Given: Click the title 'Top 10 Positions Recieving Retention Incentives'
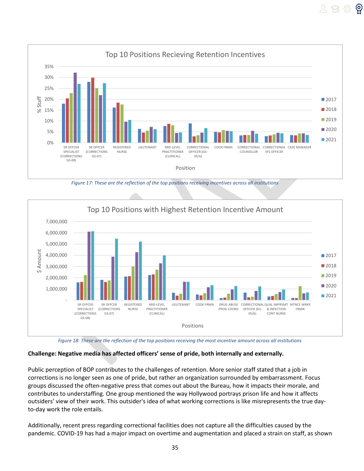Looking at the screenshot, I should coord(185,54).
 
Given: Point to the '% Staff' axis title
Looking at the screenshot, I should coord(39,105).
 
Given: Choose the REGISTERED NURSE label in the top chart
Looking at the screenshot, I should coord(122,149).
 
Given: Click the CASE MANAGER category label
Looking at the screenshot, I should coord(299,147).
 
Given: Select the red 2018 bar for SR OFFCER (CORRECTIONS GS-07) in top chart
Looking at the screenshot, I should coord(93,110).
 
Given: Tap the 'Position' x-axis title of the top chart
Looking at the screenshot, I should coord(185,168).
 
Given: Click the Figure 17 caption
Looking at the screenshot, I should coord(175,183).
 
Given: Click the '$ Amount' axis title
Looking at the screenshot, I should coord(39,261).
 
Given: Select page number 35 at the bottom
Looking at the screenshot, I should coord(175,447).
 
